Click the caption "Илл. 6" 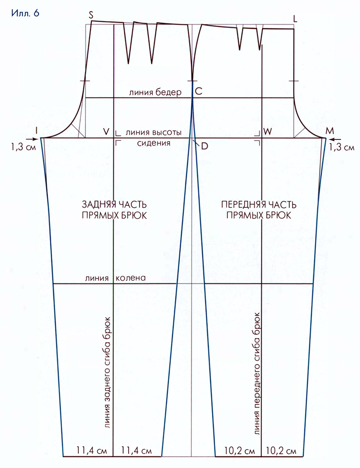(x=25, y=13)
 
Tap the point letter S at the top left (x=91, y=16)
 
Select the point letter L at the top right (x=295, y=19)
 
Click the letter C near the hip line (x=198, y=91)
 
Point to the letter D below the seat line (x=204, y=146)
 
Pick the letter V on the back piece (x=107, y=131)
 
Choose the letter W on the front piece (x=267, y=131)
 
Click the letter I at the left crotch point (x=36, y=130)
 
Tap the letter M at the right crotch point (x=330, y=131)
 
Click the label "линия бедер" (x=155, y=92)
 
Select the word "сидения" (x=154, y=143)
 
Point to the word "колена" (x=131, y=278)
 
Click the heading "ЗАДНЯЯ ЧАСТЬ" (x=114, y=205)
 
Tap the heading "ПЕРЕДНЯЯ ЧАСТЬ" (x=259, y=205)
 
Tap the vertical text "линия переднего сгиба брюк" (x=256, y=373)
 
